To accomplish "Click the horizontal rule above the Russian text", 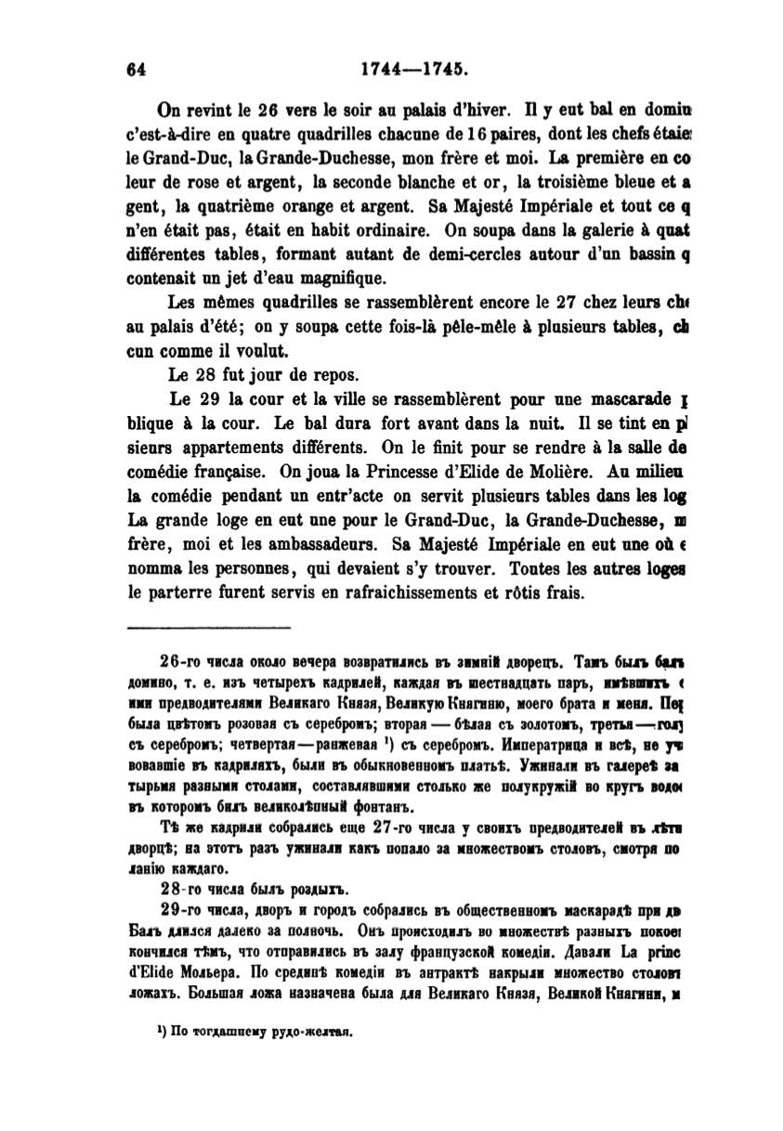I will coord(208,629).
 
